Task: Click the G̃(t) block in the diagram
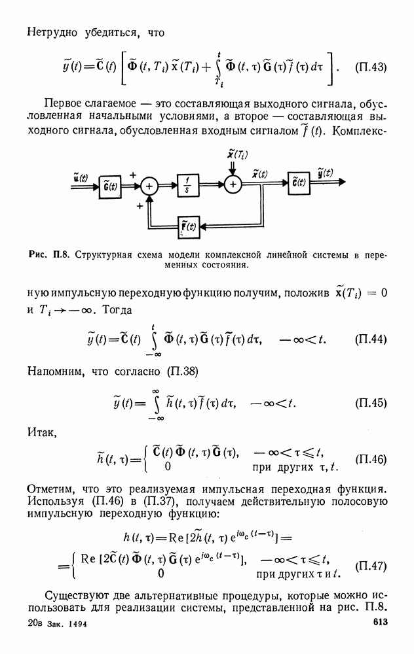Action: [110, 186]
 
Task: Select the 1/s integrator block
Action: [187, 185]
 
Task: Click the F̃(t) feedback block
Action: [189, 228]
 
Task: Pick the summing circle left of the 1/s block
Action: [149, 186]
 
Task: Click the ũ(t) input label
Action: [80, 177]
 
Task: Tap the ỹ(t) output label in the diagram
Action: [325, 173]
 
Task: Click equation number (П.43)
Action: [371, 67]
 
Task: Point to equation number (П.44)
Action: [371, 339]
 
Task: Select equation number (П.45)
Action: [371, 403]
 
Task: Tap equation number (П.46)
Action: [371, 459]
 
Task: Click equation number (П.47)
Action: [371, 566]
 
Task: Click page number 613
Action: [380, 622]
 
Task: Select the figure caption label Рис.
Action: [38, 255]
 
